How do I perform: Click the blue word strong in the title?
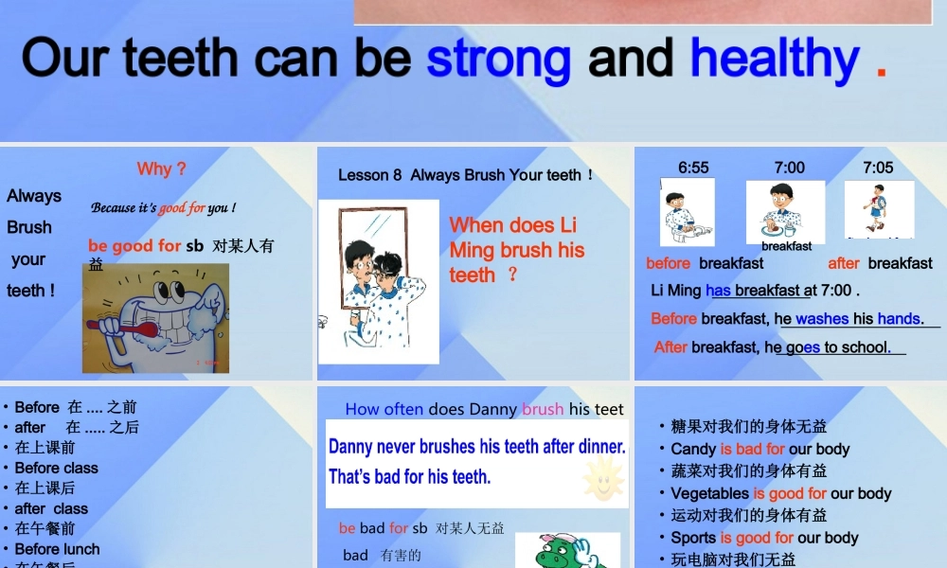click(498, 59)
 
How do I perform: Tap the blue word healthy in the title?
click(775, 59)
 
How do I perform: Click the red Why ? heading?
click(161, 169)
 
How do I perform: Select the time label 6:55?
click(693, 168)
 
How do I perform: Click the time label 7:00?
click(789, 168)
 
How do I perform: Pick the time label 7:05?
click(878, 168)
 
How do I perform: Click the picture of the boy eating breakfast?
click(785, 210)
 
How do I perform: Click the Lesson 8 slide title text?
click(465, 175)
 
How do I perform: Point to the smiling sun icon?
click(603, 478)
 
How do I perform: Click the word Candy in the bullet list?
click(693, 449)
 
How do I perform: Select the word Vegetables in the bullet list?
click(710, 493)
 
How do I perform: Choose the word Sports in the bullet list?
click(693, 538)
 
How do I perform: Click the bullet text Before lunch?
click(57, 549)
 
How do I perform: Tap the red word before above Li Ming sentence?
click(669, 263)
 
